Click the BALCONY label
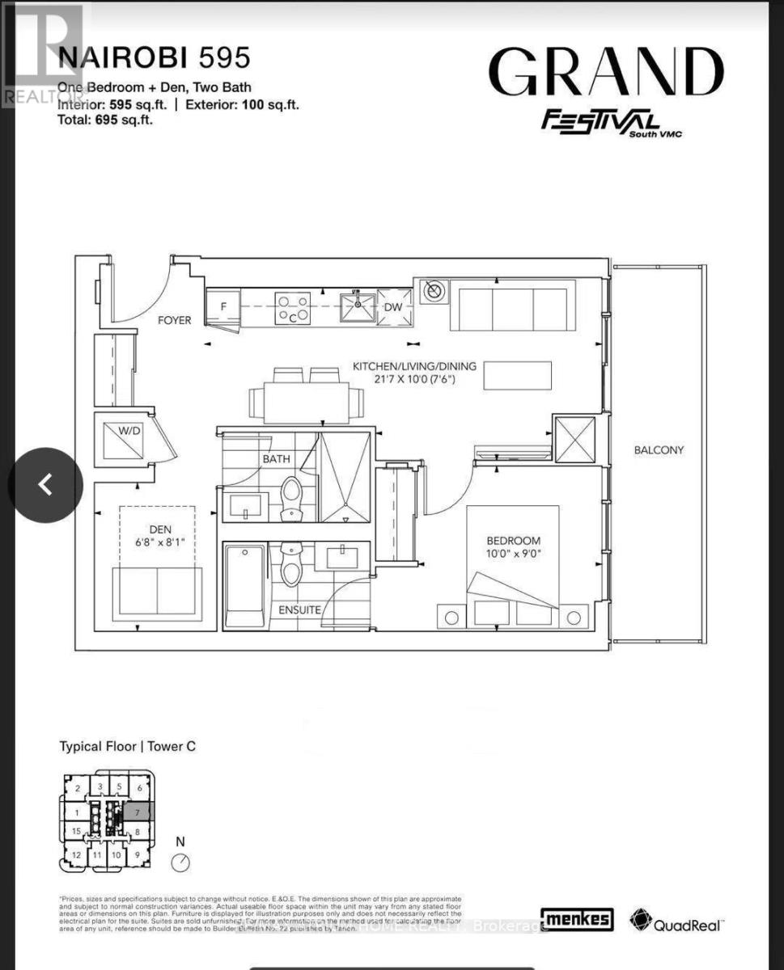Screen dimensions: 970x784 [659, 450]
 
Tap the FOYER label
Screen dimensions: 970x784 [174, 320]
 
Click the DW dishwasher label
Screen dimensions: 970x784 [393, 307]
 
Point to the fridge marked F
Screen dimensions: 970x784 [224, 308]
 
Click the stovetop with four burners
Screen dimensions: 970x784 [293, 308]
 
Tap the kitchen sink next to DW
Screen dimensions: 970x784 [357, 307]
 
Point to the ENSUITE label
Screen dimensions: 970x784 [299, 610]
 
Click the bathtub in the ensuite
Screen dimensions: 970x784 [244, 586]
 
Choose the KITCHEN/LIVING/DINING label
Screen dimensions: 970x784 [413, 365]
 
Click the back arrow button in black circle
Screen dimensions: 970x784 [46, 485]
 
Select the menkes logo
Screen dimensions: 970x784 [577, 919]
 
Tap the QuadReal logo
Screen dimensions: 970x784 [677, 920]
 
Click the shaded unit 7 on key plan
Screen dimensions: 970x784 [138, 812]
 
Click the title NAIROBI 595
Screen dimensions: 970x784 [155, 58]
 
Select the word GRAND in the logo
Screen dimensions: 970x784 [606, 73]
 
